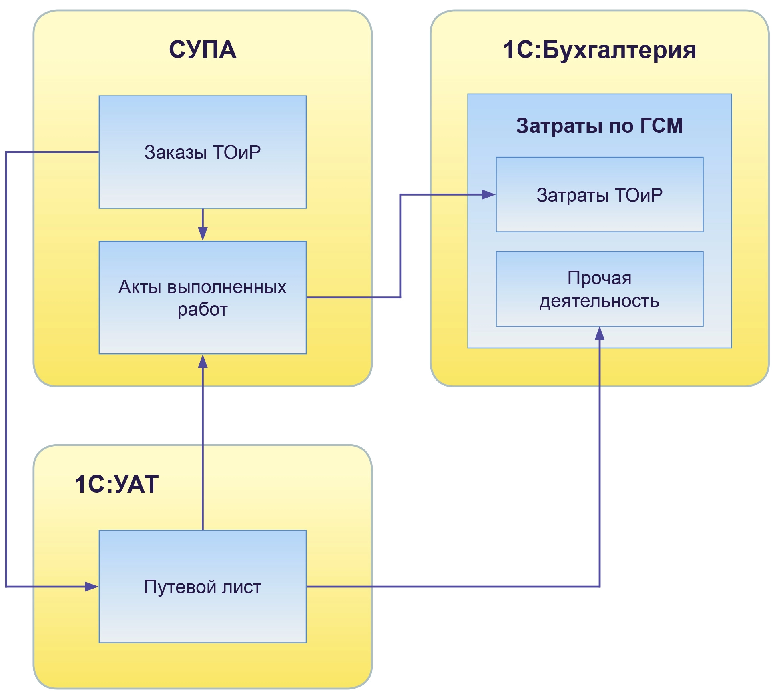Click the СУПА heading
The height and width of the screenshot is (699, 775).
pyautogui.click(x=203, y=50)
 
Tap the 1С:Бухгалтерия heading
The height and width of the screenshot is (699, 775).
pyautogui.click(x=599, y=50)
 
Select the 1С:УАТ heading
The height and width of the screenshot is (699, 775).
pyautogui.click(x=116, y=484)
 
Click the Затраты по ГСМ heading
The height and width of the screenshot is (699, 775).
pyautogui.click(x=599, y=126)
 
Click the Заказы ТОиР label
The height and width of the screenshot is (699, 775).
pyautogui.click(x=203, y=152)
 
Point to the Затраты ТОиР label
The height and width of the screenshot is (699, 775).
pyautogui.click(x=599, y=195)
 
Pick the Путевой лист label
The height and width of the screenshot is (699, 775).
pyautogui.click(x=203, y=587)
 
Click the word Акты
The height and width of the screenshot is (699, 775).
pyautogui.click(x=140, y=287)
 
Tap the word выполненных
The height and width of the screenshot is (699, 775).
pyautogui.click(x=227, y=287)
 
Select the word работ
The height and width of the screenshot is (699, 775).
pyautogui.click(x=203, y=310)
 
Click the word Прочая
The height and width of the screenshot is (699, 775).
pyautogui.click(x=599, y=278)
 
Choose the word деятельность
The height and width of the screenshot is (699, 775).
pyautogui.click(x=599, y=301)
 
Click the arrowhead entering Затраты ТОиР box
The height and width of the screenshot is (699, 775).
pyautogui.click(x=489, y=195)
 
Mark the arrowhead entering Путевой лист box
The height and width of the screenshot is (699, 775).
pyautogui.click(x=92, y=587)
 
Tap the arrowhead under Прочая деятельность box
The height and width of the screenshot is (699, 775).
pyautogui.click(x=600, y=334)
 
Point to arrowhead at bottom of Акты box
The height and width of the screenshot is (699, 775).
pyautogui.click(x=203, y=361)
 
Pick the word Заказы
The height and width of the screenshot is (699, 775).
pyautogui.click(x=175, y=152)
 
